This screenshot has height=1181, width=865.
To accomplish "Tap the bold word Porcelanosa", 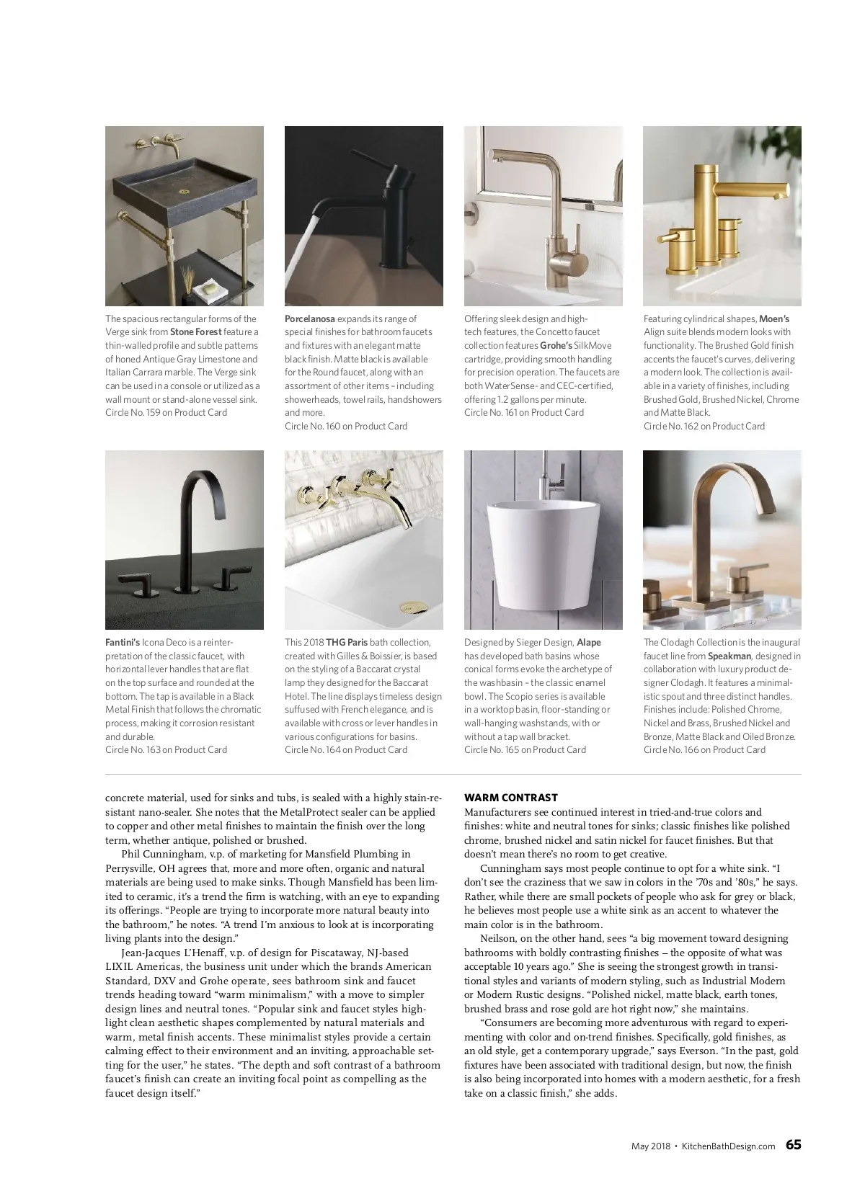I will [309, 318].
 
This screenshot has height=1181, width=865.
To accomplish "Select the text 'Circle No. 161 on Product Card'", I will [523, 412].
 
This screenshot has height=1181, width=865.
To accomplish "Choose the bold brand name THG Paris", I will [347, 642].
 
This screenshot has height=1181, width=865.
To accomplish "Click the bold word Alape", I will [588, 642].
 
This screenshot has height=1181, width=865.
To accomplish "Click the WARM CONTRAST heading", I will [510, 798].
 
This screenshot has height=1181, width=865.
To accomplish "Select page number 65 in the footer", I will [793, 1144].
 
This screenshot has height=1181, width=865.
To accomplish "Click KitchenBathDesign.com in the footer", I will [728, 1146].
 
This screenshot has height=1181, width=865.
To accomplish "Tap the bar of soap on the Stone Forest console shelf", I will [210, 287].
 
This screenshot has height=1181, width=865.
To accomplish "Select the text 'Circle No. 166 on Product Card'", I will [704, 749].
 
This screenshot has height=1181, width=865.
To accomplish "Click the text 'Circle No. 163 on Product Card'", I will [166, 749].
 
